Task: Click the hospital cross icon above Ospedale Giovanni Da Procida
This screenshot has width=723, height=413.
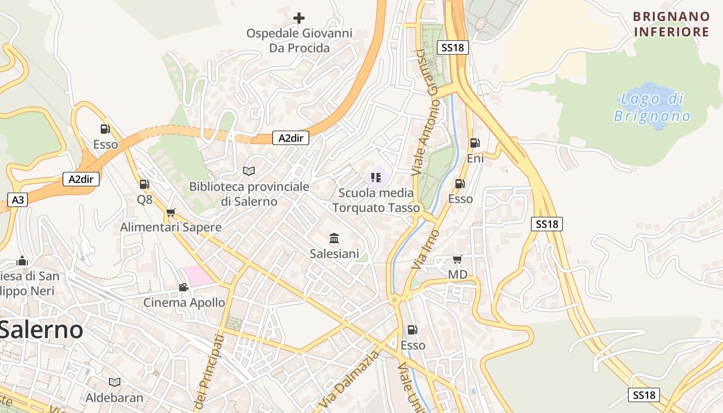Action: [298, 19]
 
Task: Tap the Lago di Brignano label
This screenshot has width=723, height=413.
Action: [652, 107]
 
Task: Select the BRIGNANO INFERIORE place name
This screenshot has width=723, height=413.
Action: [671, 24]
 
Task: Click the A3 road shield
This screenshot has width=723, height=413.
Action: [18, 200]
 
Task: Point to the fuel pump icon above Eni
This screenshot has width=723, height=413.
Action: [475, 143]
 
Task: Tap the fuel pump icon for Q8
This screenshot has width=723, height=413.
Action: [144, 184]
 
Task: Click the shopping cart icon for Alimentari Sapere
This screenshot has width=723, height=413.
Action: [171, 212]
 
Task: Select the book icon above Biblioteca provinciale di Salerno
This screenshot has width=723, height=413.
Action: [249, 171]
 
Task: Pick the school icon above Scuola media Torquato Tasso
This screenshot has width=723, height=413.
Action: [376, 178]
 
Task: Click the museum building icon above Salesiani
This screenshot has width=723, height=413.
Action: [334, 238]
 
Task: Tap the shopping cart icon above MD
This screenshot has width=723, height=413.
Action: [457, 259]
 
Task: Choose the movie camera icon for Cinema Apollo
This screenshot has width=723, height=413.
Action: [183, 287]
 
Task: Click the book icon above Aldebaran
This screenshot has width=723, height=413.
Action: [115, 382]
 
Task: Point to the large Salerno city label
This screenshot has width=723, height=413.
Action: [41, 329]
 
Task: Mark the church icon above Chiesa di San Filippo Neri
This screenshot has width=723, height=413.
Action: [22, 261]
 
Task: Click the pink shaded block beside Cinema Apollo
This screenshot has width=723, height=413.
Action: [199, 276]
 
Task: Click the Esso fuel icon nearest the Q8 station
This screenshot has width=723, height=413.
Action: [105, 129]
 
